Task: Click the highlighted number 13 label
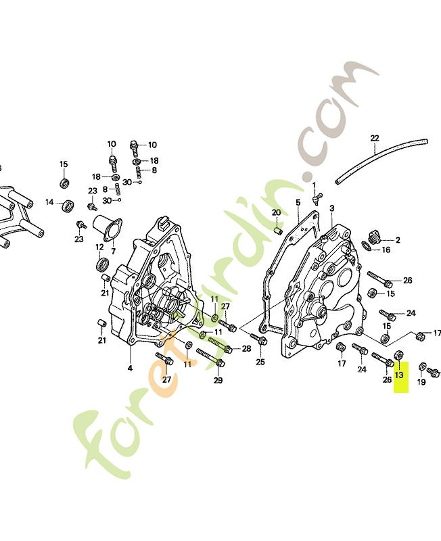pyautogui.click(x=399, y=375)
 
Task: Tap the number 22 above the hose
pyautogui.click(x=375, y=139)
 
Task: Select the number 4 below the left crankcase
pyautogui.click(x=130, y=368)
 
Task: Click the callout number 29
pyautogui.click(x=218, y=380)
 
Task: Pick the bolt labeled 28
pyautogui.click(x=220, y=345)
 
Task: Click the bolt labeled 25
pyautogui.click(x=258, y=340)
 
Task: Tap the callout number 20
pyautogui.click(x=277, y=212)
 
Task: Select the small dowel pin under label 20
pyautogui.click(x=278, y=230)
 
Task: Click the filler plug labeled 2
pyautogui.click(x=373, y=236)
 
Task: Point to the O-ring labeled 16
pyautogui.click(x=367, y=246)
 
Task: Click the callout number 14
pyautogui.click(x=49, y=202)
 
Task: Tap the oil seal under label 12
pyautogui.click(x=102, y=264)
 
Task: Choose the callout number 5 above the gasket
pyautogui.click(x=298, y=202)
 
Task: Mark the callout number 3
pyautogui.click(x=331, y=208)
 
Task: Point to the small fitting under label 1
pyautogui.click(x=317, y=199)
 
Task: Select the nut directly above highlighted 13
pyautogui.click(x=398, y=354)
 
